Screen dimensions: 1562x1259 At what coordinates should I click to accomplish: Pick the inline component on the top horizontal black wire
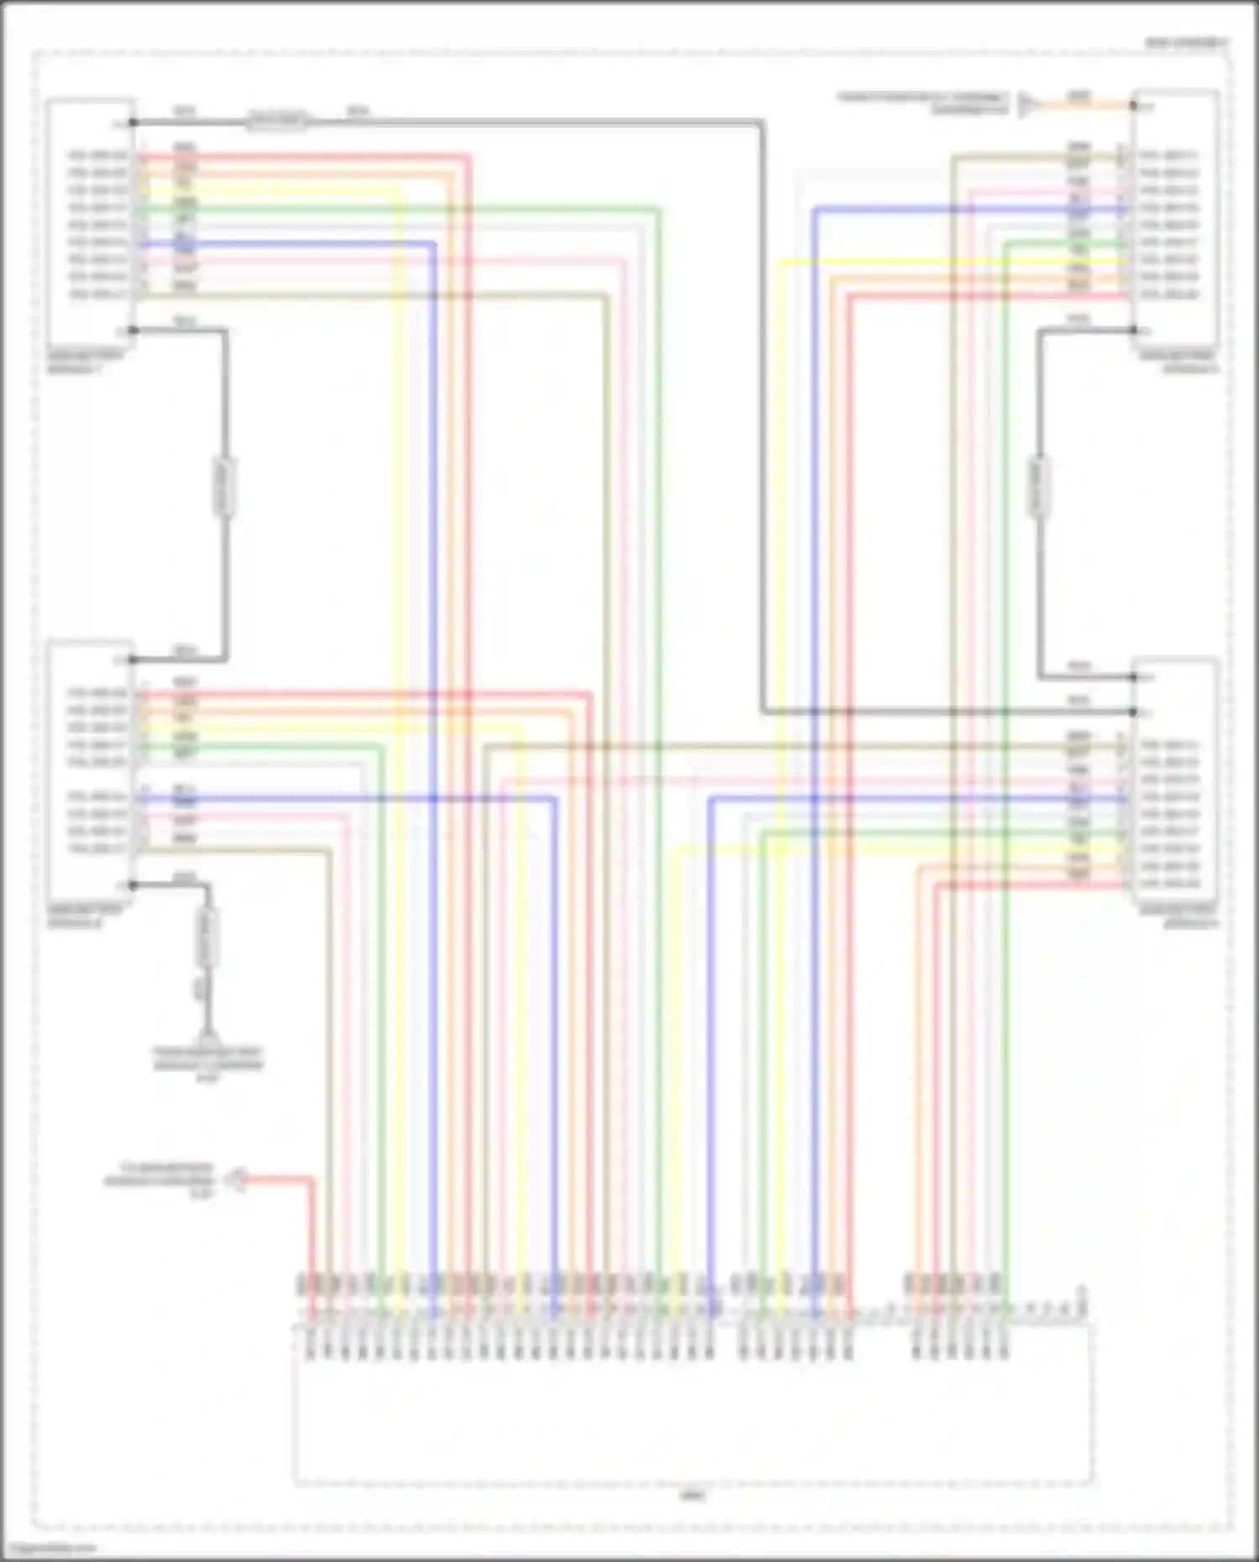[x=277, y=122]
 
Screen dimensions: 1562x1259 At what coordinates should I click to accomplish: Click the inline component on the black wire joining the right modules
[x=1039, y=487]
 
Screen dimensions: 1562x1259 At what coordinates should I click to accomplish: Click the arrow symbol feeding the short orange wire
[x=1027, y=105]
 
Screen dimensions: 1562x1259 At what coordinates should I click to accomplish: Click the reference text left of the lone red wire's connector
[x=159, y=1180]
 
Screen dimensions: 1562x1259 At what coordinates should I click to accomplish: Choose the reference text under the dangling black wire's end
[x=207, y=1064]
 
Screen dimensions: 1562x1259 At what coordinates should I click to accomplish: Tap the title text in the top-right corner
[x=1186, y=42]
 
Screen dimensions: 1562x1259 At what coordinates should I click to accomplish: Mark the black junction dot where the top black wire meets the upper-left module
[x=133, y=123]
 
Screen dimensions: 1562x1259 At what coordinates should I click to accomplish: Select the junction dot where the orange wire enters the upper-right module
[x=1133, y=106]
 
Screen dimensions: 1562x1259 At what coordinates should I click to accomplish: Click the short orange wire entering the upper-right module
[x=1083, y=106]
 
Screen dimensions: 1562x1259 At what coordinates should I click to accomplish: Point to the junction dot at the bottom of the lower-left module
[x=133, y=885]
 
